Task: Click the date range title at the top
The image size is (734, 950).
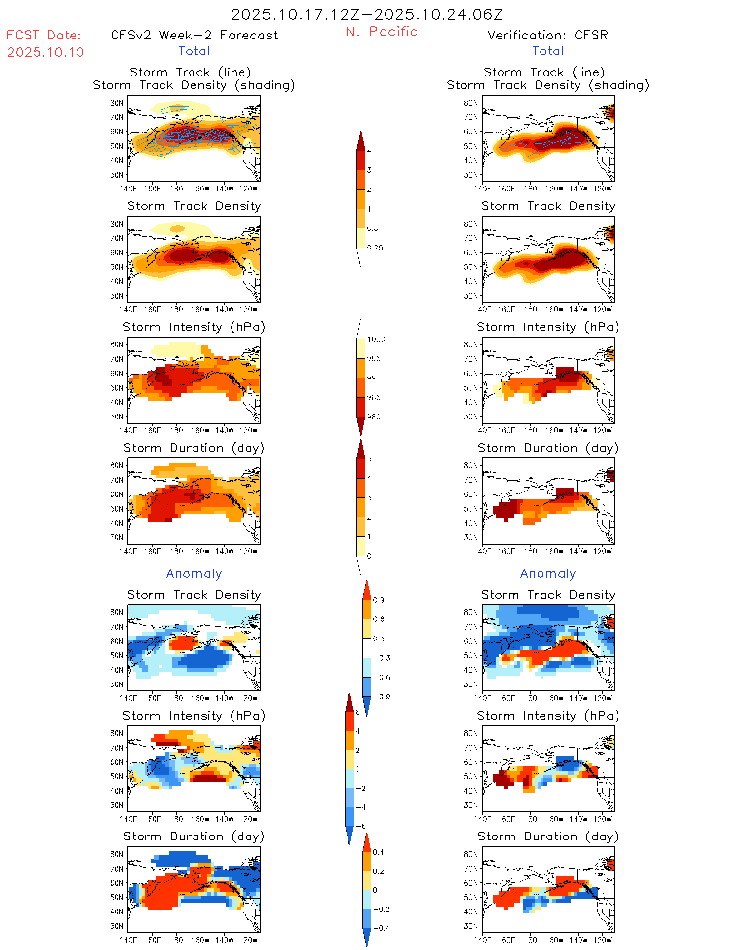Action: (x=367, y=14)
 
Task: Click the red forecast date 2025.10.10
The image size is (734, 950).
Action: (x=45, y=52)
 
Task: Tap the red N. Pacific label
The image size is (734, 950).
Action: (x=382, y=32)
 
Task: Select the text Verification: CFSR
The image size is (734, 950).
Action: (x=547, y=35)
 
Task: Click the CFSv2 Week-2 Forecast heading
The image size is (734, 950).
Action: (x=194, y=35)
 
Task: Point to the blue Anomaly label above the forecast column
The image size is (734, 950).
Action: (x=194, y=573)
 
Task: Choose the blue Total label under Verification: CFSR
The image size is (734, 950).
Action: (x=548, y=51)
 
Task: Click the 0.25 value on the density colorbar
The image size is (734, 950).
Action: (x=375, y=248)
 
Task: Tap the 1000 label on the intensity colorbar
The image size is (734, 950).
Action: (x=376, y=339)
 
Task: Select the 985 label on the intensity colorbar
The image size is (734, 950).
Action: (x=374, y=397)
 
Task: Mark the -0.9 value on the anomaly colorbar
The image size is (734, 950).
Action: (x=381, y=697)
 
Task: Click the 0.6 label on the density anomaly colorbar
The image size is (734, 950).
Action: (x=379, y=619)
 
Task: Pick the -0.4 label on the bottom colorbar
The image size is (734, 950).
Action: (x=381, y=928)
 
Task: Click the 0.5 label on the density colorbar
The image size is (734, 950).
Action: (x=373, y=228)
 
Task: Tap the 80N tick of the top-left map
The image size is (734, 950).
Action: (x=117, y=103)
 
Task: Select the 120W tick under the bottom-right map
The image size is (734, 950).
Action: (x=602, y=940)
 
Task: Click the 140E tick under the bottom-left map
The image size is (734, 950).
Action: (x=128, y=940)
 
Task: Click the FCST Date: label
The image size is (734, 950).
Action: (x=44, y=35)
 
